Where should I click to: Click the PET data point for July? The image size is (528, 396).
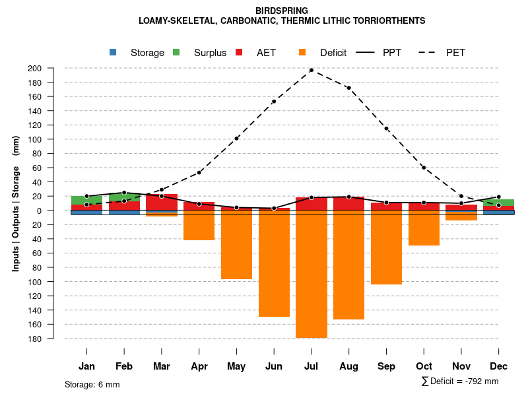[x=312, y=70]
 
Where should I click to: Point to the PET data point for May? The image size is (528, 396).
[x=236, y=139]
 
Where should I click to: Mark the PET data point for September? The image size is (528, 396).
[x=386, y=129]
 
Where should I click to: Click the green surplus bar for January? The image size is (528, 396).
[x=86, y=200]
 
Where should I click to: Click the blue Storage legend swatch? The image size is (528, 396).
[x=113, y=52]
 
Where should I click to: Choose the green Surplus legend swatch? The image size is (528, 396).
[x=176, y=52]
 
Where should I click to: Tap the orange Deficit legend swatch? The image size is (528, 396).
[x=302, y=52]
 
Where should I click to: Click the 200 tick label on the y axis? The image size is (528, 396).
[x=53, y=68]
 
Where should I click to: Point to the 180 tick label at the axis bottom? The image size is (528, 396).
[x=53, y=339]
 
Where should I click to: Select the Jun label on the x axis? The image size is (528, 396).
[x=274, y=366]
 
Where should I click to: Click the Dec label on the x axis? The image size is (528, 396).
[x=499, y=366]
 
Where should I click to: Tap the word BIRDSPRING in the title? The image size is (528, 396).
[x=281, y=11]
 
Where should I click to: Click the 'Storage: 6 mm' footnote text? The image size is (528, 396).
[x=92, y=384]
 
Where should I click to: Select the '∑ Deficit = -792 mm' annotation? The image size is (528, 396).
[x=459, y=381]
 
